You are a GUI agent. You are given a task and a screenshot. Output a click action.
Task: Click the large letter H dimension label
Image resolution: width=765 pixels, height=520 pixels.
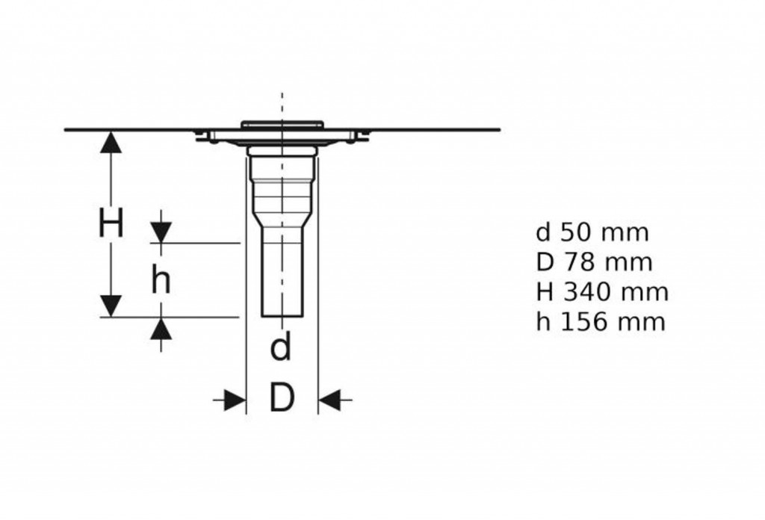pos(111,223)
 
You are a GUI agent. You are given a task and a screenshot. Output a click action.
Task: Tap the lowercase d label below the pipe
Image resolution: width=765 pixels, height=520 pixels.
pos(281,345)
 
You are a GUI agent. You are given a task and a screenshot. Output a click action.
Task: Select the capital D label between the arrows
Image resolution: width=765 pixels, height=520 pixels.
pos(282,397)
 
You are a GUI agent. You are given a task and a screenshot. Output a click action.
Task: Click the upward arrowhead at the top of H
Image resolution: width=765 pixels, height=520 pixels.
pos(111,142)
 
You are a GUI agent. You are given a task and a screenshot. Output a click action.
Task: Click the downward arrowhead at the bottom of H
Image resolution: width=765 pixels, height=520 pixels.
pos(111,306)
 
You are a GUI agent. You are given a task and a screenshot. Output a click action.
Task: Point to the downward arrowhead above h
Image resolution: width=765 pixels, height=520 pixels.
pos(161,232)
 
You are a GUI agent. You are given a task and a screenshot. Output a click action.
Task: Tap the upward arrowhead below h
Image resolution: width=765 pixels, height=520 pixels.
pos(161,328)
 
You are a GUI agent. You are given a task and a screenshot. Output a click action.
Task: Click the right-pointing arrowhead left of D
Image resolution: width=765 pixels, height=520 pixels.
pos(235,400)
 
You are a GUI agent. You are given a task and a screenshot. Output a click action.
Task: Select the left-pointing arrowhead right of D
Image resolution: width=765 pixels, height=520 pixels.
pos(329,400)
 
